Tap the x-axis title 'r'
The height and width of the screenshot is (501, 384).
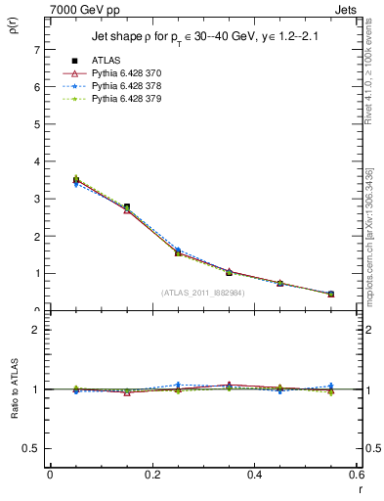(359, 489)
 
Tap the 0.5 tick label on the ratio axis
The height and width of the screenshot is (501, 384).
(31, 448)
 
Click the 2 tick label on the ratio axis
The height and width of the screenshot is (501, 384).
(36, 330)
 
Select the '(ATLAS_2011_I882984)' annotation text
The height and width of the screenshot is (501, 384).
(204, 292)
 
